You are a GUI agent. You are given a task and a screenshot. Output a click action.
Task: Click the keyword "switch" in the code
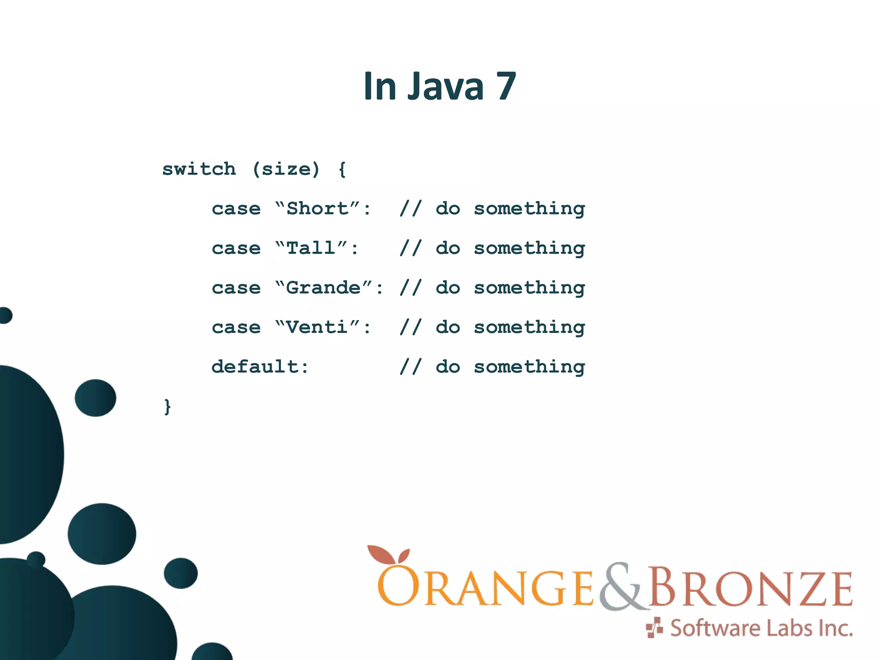click(x=199, y=169)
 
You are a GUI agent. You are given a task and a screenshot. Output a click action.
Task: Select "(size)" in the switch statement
click(x=286, y=169)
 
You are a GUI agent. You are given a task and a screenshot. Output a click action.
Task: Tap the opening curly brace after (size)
click(x=342, y=169)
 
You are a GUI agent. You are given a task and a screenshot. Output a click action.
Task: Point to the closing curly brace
click(x=168, y=406)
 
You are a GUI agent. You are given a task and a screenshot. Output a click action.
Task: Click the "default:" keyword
click(x=260, y=367)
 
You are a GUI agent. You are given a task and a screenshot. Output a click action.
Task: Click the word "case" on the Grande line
click(x=236, y=288)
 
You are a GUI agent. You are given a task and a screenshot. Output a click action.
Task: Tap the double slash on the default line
click(x=410, y=367)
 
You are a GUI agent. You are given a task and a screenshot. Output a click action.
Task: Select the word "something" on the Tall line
click(x=529, y=248)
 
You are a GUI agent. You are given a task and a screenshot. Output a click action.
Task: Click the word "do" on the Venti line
click(x=448, y=327)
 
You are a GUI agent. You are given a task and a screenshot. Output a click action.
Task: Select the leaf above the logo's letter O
click(x=389, y=555)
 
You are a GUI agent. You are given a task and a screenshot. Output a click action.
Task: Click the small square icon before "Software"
click(x=654, y=628)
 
